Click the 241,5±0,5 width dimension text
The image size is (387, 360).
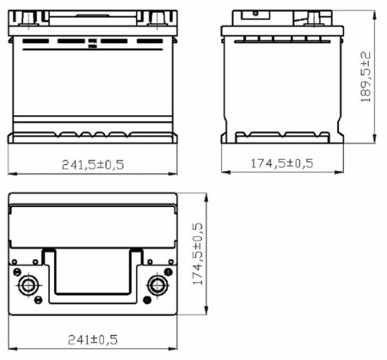click(x=93, y=165)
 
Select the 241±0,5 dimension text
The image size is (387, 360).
click(x=93, y=339)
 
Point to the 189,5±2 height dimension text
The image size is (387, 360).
click(x=365, y=76)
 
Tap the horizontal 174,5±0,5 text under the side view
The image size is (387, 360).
click(x=282, y=163)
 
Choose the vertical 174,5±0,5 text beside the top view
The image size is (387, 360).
click(x=198, y=253)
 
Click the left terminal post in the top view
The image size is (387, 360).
click(x=28, y=285)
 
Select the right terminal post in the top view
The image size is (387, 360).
click(x=157, y=285)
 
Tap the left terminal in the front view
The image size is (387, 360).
click(x=28, y=18)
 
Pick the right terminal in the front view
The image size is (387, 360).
click(x=157, y=18)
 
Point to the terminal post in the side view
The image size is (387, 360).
click(x=314, y=18)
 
